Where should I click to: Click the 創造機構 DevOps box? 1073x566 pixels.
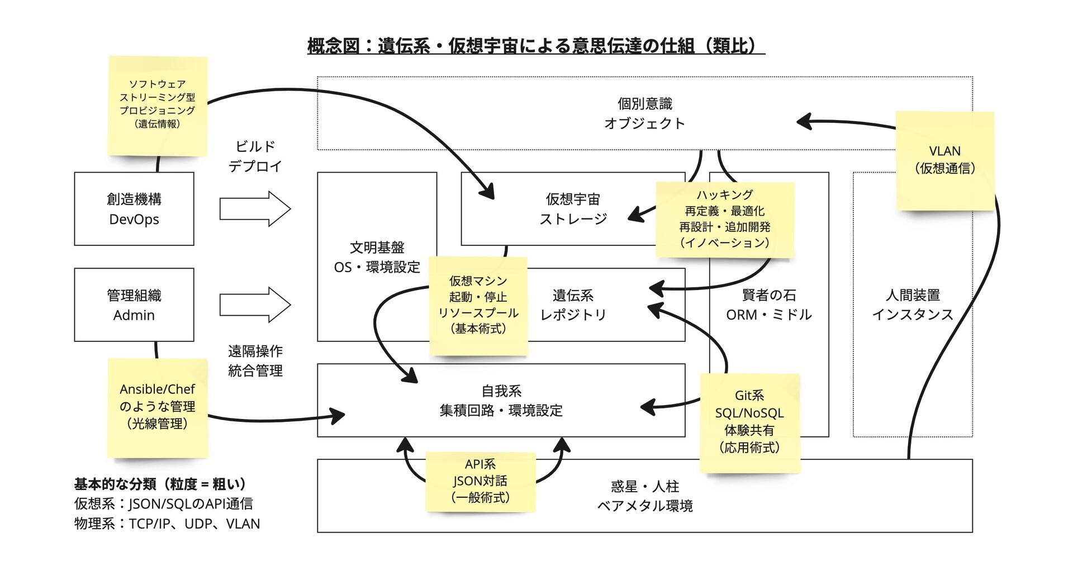134,209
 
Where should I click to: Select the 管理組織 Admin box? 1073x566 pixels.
134,305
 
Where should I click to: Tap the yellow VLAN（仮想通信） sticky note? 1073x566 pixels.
945,160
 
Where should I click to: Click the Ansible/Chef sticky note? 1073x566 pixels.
158,407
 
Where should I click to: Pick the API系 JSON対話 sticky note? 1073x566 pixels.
481,481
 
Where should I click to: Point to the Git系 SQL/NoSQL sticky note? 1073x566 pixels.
749,422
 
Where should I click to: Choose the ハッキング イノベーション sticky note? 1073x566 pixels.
725,219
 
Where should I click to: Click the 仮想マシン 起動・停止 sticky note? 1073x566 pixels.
478,305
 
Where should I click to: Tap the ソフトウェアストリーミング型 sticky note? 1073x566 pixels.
158,104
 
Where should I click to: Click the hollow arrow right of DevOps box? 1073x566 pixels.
255,209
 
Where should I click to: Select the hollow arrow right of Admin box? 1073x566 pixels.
255,305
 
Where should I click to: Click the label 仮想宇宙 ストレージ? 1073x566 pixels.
573,209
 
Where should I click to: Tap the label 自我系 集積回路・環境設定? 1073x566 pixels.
501,401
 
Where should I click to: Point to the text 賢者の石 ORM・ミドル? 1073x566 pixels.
769,305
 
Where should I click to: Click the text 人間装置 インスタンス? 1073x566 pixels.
913,305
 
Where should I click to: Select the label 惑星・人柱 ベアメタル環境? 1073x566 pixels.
645,496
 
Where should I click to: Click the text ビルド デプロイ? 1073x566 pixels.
255,156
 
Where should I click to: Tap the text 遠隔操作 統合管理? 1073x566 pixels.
255,361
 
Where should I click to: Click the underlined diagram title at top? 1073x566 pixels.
535,46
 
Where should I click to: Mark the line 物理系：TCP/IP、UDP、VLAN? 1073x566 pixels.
167,524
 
